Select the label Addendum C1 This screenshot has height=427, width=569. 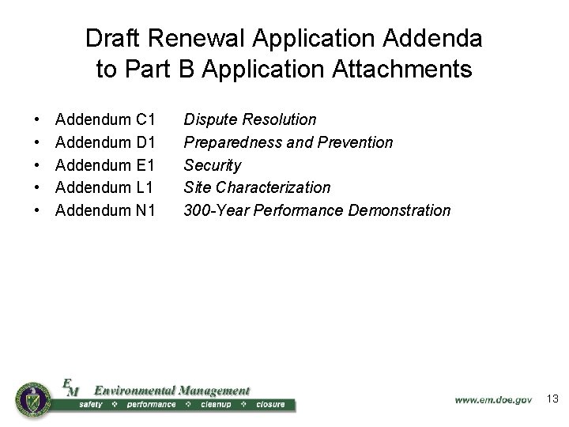click(x=105, y=120)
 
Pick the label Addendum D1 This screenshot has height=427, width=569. click(x=105, y=142)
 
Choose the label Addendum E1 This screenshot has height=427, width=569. click(x=105, y=165)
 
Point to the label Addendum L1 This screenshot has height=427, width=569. click(x=105, y=187)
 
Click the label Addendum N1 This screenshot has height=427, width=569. click(x=105, y=210)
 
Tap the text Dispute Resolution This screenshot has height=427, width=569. click(x=250, y=120)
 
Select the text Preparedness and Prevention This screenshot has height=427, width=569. click(x=288, y=142)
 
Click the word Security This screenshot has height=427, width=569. click(x=212, y=165)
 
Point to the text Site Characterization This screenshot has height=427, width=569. click(x=257, y=187)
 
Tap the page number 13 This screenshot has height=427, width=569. click(x=552, y=399)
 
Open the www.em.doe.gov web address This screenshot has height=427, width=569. click(x=493, y=400)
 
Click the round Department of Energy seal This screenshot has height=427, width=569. click(x=32, y=397)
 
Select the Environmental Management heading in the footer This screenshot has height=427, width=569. click(x=171, y=390)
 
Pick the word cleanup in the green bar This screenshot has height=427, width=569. click(x=216, y=405)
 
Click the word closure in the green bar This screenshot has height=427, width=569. click(x=269, y=405)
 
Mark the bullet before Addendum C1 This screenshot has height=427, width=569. click(x=39, y=120)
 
